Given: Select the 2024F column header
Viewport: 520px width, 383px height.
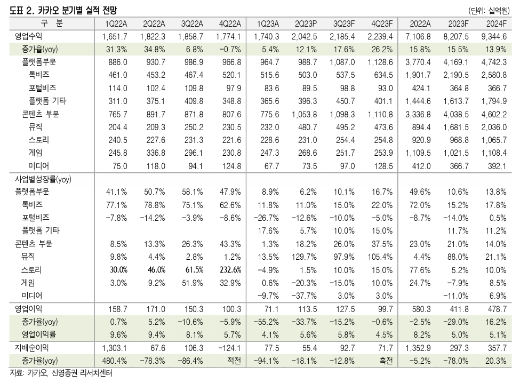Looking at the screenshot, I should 496,23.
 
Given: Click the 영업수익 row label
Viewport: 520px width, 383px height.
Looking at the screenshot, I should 29,36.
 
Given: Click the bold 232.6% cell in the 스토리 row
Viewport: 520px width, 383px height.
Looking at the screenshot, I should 230,269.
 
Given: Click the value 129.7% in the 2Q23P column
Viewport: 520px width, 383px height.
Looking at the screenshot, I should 306,257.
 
